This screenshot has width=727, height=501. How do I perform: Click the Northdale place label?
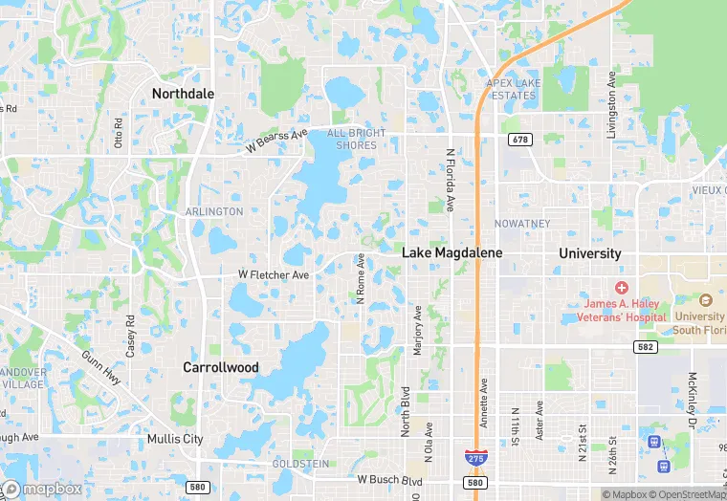pyautogui.click(x=184, y=93)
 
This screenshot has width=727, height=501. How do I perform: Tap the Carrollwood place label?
pyautogui.click(x=221, y=366)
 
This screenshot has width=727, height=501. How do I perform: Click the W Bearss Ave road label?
pyautogui.click(x=275, y=142)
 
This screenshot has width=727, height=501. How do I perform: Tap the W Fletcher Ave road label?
pyautogui.click(x=274, y=274)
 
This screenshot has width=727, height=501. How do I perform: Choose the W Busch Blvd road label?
pyautogui.click(x=390, y=479)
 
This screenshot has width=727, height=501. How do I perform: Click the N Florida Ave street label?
pyautogui.click(x=450, y=180)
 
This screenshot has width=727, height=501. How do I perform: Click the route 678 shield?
pyautogui.click(x=519, y=140)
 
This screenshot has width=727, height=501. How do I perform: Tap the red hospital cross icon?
pyautogui.click(x=621, y=288)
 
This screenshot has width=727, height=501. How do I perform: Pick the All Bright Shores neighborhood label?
pyautogui.click(x=357, y=139)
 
